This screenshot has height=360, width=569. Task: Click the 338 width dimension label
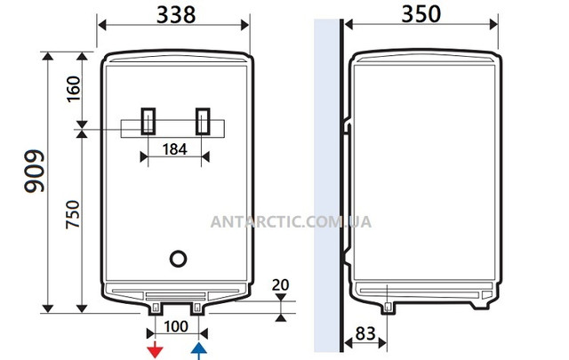coord(176,15)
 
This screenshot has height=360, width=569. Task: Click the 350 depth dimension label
coord(421,14)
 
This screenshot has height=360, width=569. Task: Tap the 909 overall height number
coord(35,171)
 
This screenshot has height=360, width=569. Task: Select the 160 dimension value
coord(74,89)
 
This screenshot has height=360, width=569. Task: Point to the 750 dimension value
coord(73,214)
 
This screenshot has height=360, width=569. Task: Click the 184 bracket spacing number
coord(174,149)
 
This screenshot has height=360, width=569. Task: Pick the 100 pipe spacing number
coord(176,326)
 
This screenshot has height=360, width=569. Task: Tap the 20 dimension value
coord(281,284)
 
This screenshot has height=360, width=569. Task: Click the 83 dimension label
coord(365,333)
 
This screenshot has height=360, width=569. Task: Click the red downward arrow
coord(155,350)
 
